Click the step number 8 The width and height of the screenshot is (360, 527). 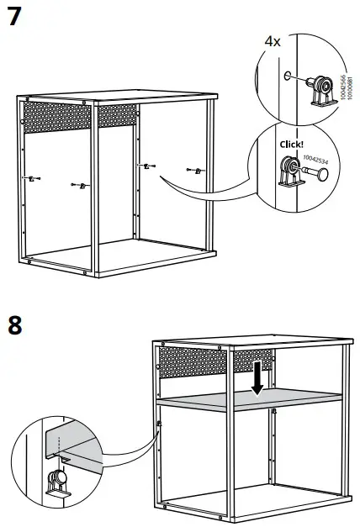coord(15,325)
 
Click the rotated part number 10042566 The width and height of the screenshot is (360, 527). coord(341,87)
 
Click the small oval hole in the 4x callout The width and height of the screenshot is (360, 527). coord(289,76)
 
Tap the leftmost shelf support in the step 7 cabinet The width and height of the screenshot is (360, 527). coord(31,178)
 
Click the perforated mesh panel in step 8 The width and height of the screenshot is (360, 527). coord(214,362)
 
